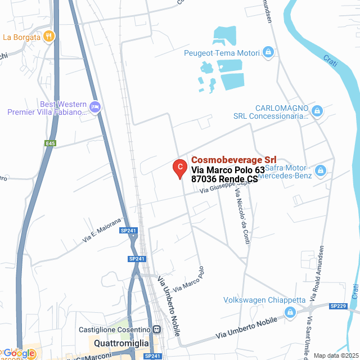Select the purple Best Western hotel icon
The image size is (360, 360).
pos(94,106)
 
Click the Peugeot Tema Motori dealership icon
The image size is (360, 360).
pos(268,53)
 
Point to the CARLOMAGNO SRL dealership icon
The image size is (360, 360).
pos(317,111)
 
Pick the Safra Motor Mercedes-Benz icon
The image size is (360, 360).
pos(321,170)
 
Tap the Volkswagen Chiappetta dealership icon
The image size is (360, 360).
pos(290,312)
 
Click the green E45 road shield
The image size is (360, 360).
pos(51,143)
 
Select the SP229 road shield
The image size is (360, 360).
pos(338,306)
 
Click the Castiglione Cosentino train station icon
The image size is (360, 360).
pos(157,329)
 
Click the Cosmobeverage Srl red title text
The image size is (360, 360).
pos(233,160)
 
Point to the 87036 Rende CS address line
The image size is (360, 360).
pos(224,179)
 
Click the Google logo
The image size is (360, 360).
pos(18,353)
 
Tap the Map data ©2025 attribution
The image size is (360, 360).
pos(336,355)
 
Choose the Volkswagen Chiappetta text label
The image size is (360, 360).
pos(264,300)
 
